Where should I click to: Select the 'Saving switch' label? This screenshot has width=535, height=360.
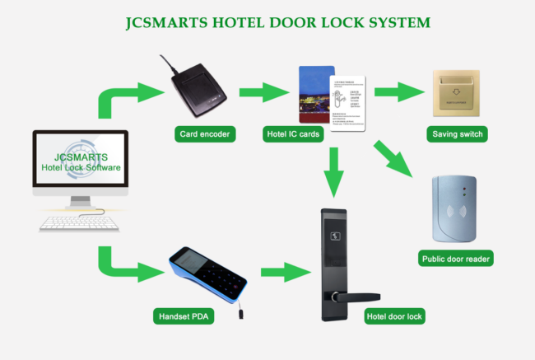[x=458, y=133]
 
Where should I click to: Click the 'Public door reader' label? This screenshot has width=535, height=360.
[x=456, y=259]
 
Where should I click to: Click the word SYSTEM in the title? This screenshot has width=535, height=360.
[x=389, y=22]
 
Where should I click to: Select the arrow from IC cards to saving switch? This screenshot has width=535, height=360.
[x=399, y=91]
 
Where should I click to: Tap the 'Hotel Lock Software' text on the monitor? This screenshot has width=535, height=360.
[x=81, y=169]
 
